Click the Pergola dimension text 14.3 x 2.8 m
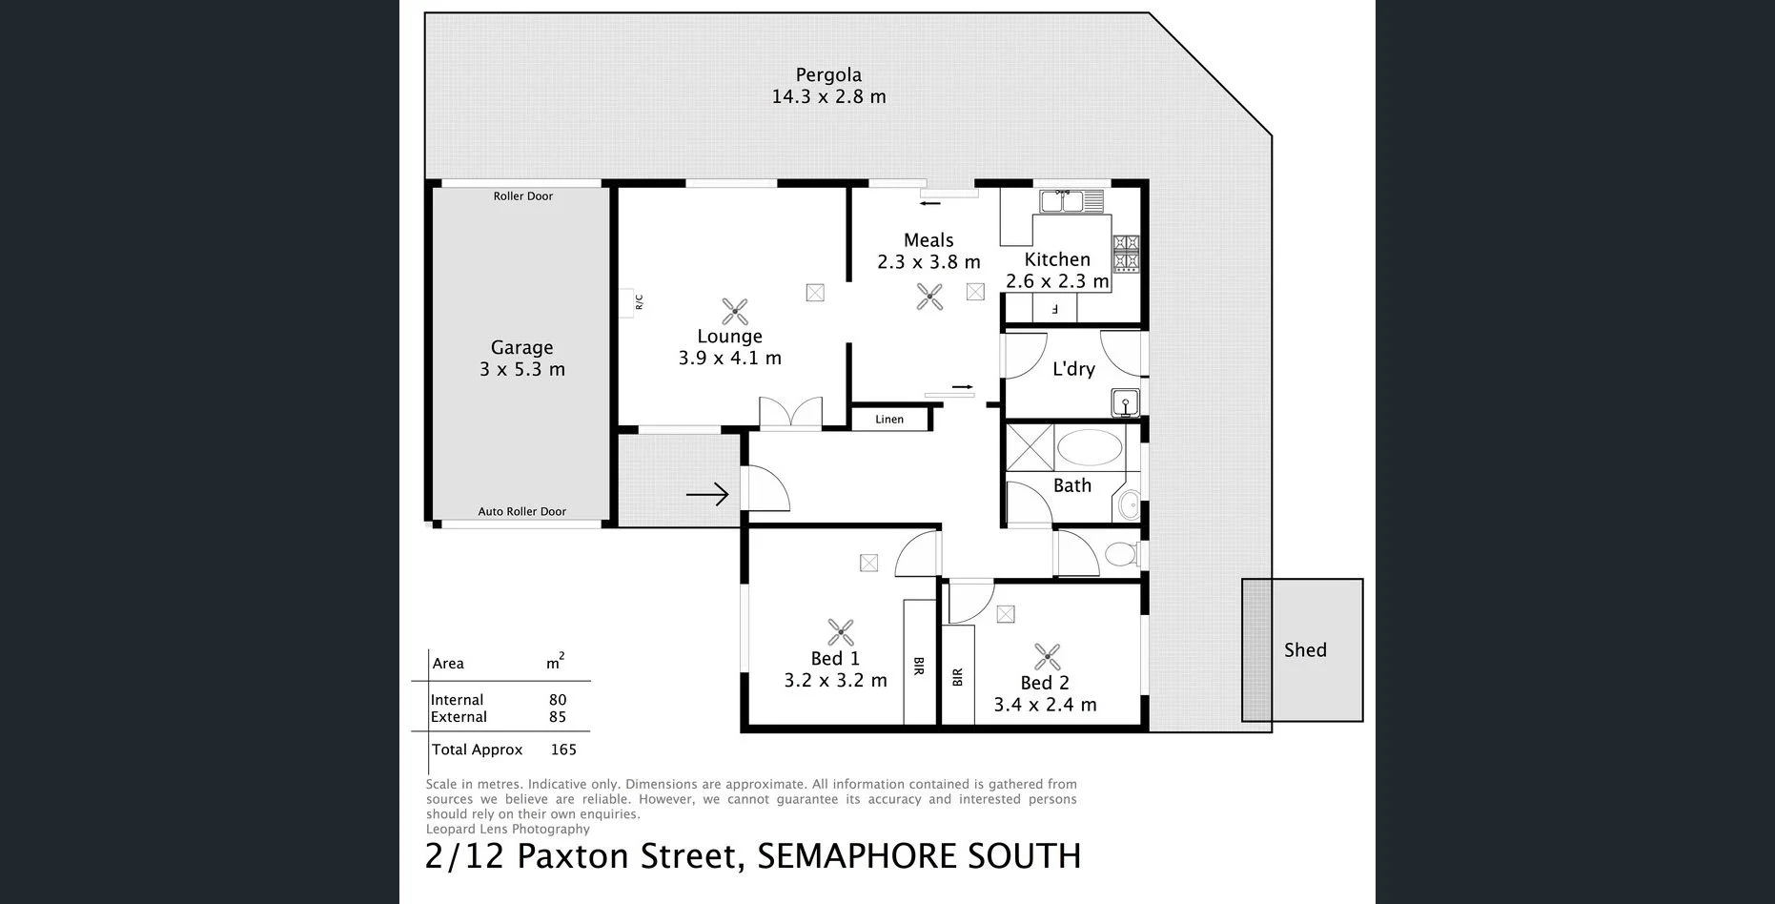click(x=828, y=96)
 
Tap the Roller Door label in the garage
click(x=522, y=196)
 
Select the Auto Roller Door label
click(x=521, y=512)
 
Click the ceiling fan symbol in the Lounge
click(x=734, y=311)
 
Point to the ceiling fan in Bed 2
click(x=1047, y=657)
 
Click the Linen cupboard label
click(x=888, y=420)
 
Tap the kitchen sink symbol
click(x=1071, y=201)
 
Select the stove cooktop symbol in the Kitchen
click(x=1126, y=253)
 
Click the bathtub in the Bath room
click(x=1090, y=447)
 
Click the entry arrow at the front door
click(x=707, y=494)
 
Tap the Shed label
click(x=1304, y=650)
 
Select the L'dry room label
click(x=1073, y=369)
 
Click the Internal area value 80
click(x=558, y=700)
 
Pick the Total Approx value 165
click(x=563, y=750)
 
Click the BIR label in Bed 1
click(x=919, y=667)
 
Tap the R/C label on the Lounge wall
click(x=639, y=302)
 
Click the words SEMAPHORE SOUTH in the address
click(x=919, y=856)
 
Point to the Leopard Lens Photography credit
click(x=508, y=830)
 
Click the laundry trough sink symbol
click(x=1125, y=403)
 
